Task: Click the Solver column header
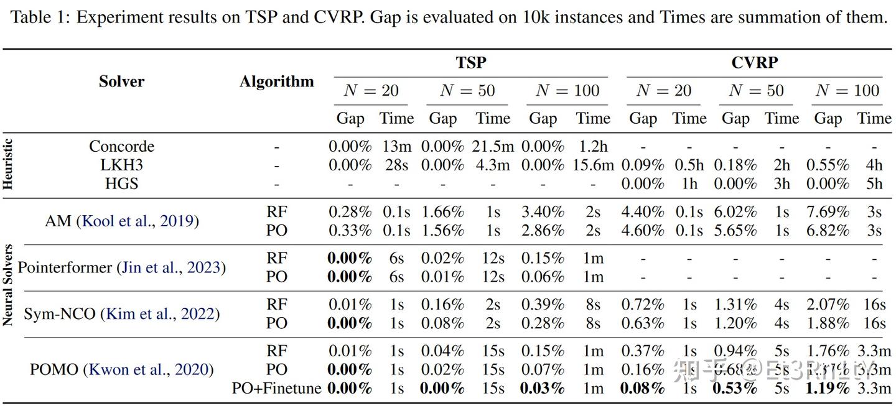point(121,81)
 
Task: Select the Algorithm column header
point(277,81)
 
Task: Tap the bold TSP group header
point(471,63)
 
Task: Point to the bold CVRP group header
point(754,63)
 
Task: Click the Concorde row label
point(121,147)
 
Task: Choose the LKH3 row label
point(121,165)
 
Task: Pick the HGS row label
point(121,183)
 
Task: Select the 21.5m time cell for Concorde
point(492,147)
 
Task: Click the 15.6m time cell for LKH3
point(593,165)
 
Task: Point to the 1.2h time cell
point(592,147)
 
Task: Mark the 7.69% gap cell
point(828,212)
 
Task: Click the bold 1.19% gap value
point(828,389)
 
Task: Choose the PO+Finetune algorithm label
point(277,389)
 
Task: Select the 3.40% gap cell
point(543,212)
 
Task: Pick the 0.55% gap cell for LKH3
point(828,165)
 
